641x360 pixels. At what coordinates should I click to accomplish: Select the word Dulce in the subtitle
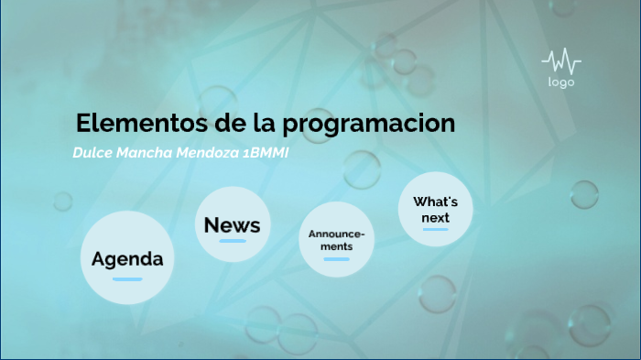pyautogui.click(x=92, y=152)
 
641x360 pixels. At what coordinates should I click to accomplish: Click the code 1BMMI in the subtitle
pyautogui.click(x=266, y=152)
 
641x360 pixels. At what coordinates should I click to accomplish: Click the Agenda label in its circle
pyautogui.click(x=127, y=259)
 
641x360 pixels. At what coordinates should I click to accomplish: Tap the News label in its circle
pyautogui.click(x=232, y=225)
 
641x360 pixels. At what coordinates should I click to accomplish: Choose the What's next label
pyautogui.click(x=435, y=209)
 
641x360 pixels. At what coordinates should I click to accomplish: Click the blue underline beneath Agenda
pyautogui.click(x=127, y=278)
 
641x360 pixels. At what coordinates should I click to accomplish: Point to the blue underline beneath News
pyautogui.click(x=233, y=241)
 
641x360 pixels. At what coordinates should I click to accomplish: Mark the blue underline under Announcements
pyautogui.click(x=336, y=259)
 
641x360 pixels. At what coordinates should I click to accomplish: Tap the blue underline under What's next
pyautogui.click(x=435, y=229)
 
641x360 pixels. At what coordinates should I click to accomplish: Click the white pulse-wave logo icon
pyautogui.click(x=560, y=62)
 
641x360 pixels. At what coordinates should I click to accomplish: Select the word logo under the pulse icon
pyautogui.click(x=560, y=82)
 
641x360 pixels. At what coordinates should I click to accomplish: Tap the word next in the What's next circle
pyautogui.click(x=435, y=217)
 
